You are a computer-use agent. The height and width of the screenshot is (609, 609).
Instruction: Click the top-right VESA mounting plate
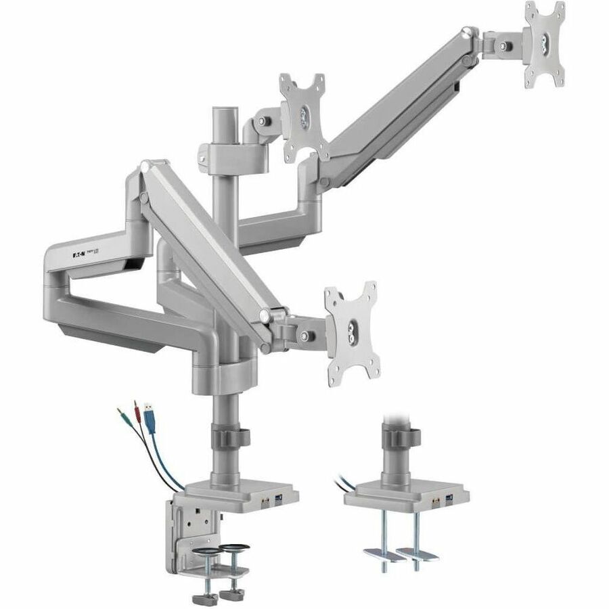[545, 43]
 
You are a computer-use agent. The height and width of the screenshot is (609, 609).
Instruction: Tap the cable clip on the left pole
[233, 435]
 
